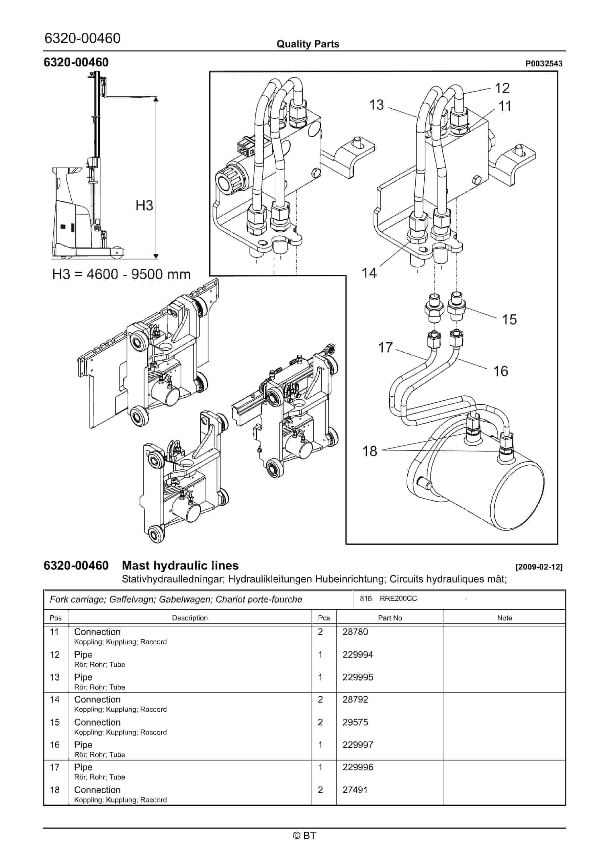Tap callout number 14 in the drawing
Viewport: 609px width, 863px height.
369,273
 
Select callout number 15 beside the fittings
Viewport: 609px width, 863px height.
509,320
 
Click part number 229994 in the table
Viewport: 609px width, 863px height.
357,654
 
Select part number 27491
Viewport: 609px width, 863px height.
355,790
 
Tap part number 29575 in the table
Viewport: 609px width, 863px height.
355,722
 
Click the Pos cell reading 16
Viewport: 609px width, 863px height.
55,745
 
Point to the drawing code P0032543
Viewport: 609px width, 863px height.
544,64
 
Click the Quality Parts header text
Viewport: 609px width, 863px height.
308,44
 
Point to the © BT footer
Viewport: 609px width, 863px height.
304,836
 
